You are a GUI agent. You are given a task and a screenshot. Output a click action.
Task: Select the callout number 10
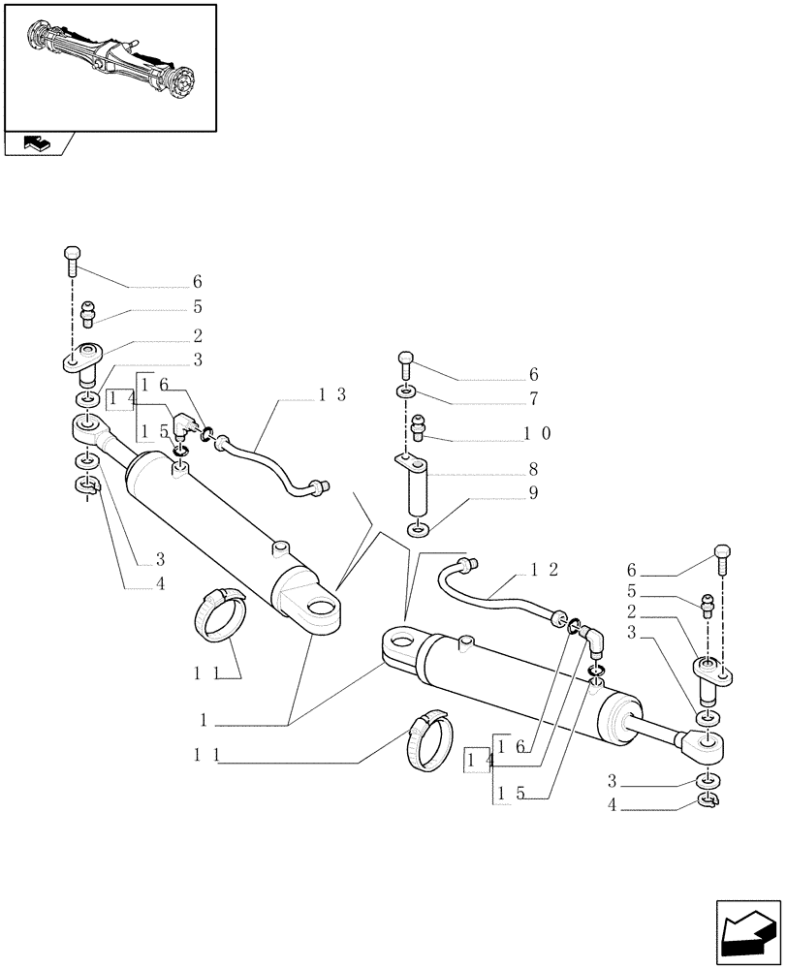point(538,433)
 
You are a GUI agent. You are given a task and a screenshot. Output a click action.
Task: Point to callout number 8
point(533,469)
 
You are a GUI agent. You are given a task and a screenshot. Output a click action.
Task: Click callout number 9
point(533,493)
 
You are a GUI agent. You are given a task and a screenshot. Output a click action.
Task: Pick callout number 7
point(533,398)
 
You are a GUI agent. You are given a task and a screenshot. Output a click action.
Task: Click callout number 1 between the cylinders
point(204,721)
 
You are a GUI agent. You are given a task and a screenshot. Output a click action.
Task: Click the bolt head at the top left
point(72,257)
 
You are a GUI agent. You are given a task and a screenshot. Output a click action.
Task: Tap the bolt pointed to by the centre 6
point(406,366)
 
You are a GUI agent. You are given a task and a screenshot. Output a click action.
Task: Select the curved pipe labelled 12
point(494,591)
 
